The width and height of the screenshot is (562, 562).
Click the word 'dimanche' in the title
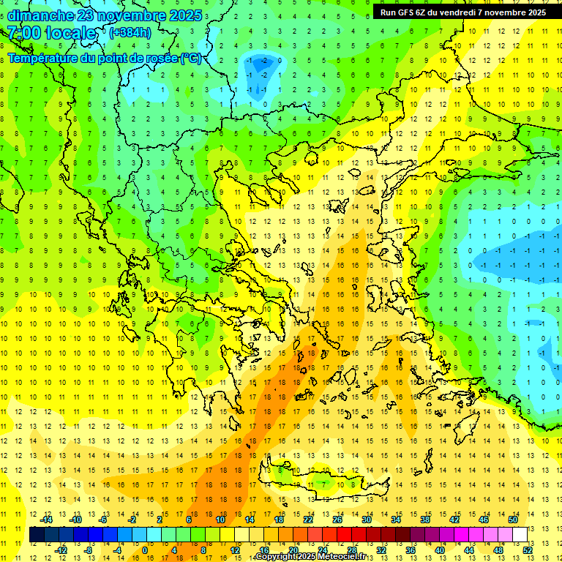tap(41, 15)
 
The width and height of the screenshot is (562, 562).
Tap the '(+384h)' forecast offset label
tap(130, 32)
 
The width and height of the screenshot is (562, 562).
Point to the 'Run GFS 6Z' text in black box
tap(405, 12)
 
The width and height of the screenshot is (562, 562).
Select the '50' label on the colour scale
tap(512, 520)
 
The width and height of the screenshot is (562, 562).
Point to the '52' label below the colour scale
tap(528, 550)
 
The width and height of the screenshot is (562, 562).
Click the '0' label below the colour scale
tap(145, 550)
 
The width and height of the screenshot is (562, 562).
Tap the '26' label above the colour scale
tap(337, 520)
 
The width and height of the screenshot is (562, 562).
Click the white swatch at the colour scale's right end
tap(520, 535)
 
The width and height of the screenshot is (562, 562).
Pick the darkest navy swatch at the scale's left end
tap(37, 535)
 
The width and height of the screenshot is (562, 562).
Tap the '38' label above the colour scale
tap(424, 520)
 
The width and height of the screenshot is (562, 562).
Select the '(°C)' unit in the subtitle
tap(191, 59)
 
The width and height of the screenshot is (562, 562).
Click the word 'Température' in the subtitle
tap(41, 59)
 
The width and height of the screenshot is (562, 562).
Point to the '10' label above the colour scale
tap(220, 520)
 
